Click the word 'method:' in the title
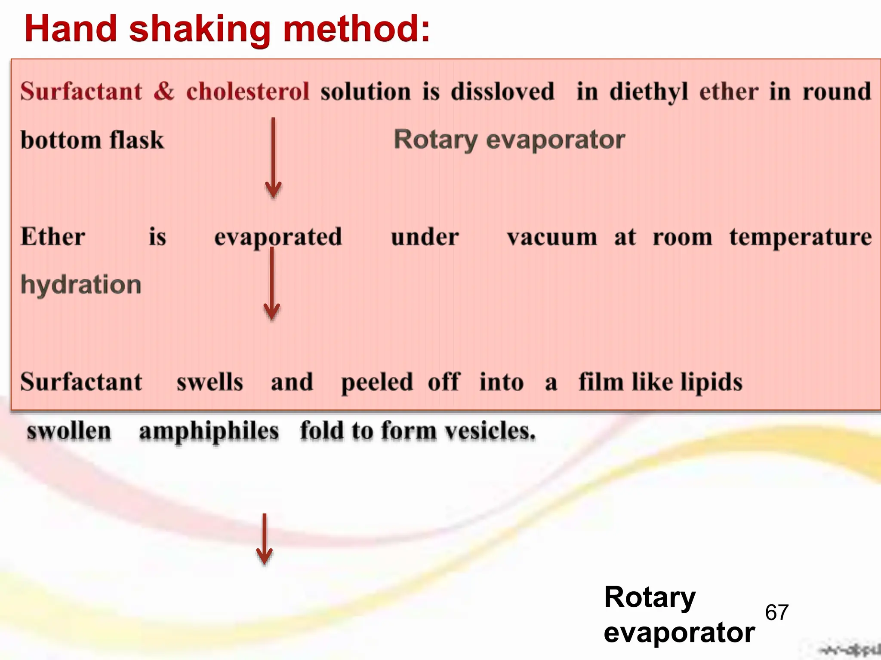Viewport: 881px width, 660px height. (x=357, y=29)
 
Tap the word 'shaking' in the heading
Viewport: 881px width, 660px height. (x=200, y=29)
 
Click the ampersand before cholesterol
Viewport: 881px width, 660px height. (x=164, y=91)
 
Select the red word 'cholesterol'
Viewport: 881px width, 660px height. (x=248, y=91)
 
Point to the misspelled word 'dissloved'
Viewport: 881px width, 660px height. (x=502, y=91)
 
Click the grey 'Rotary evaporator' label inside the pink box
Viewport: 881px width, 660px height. (x=509, y=140)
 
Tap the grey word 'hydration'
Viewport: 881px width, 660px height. (x=81, y=285)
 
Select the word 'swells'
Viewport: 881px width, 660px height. (x=210, y=382)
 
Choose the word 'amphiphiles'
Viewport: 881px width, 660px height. (x=209, y=431)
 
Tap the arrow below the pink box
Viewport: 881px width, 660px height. (x=264, y=539)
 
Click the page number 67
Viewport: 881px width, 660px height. (x=776, y=612)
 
